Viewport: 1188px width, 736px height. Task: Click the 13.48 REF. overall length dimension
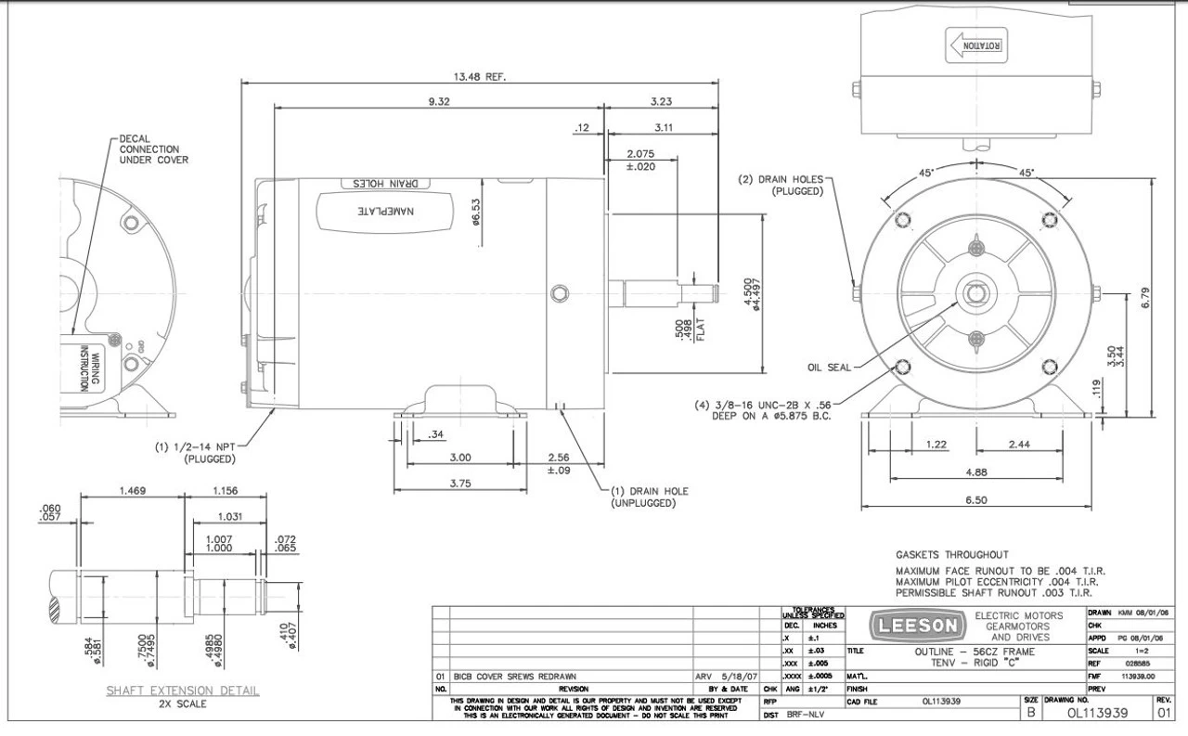point(480,76)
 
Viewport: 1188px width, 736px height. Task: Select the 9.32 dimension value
point(438,101)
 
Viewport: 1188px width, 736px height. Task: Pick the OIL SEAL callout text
point(829,366)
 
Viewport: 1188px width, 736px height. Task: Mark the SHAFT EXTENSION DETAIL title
point(182,691)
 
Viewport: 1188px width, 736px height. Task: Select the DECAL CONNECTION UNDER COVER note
point(154,148)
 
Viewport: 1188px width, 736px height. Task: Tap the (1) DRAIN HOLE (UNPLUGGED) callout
point(649,497)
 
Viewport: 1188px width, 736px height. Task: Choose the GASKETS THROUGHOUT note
point(951,554)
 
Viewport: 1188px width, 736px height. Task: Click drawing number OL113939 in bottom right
point(1096,713)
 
